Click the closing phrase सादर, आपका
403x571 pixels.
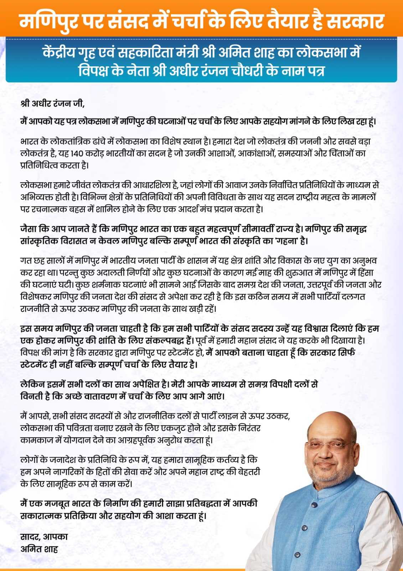(44, 536)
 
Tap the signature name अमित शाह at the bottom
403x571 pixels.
(39, 549)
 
